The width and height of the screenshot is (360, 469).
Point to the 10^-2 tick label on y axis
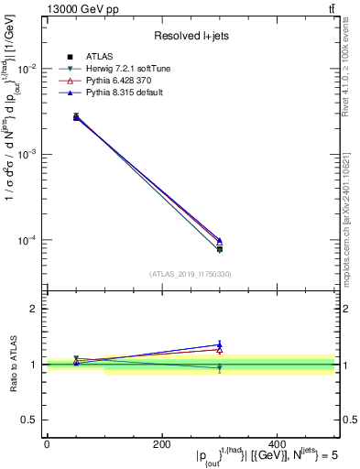[27, 69]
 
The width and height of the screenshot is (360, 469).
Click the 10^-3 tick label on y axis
[27, 154]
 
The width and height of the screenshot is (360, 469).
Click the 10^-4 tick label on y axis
[27, 240]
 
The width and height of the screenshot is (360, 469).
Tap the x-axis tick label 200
[161, 443]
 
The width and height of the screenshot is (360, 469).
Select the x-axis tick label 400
[277, 443]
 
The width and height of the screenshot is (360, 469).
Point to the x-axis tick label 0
[47, 443]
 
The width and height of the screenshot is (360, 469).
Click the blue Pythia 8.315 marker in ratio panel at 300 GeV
[219, 344]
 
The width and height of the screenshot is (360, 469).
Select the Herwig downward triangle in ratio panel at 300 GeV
[219, 368]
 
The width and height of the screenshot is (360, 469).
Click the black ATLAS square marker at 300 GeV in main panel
[219, 248]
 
